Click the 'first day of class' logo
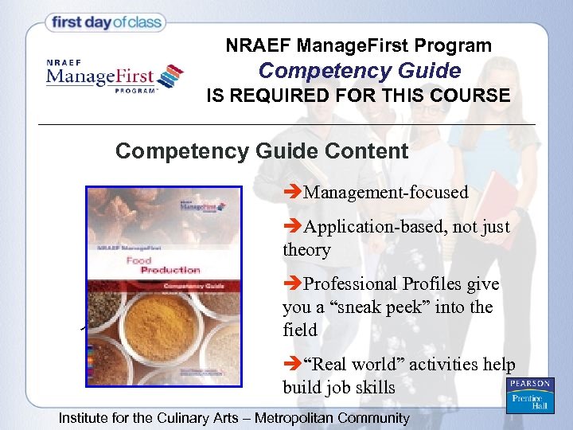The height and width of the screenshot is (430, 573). [x=107, y=22]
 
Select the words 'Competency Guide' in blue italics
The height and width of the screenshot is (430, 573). [x=360, y=71]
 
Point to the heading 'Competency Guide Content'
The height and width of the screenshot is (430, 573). [x=262, y=150]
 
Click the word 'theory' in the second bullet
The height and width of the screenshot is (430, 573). [x=306, y=250]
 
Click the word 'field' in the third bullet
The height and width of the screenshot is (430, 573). [x=299, y=330]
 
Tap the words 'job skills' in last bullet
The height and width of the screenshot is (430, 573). [x=362, y=388]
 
